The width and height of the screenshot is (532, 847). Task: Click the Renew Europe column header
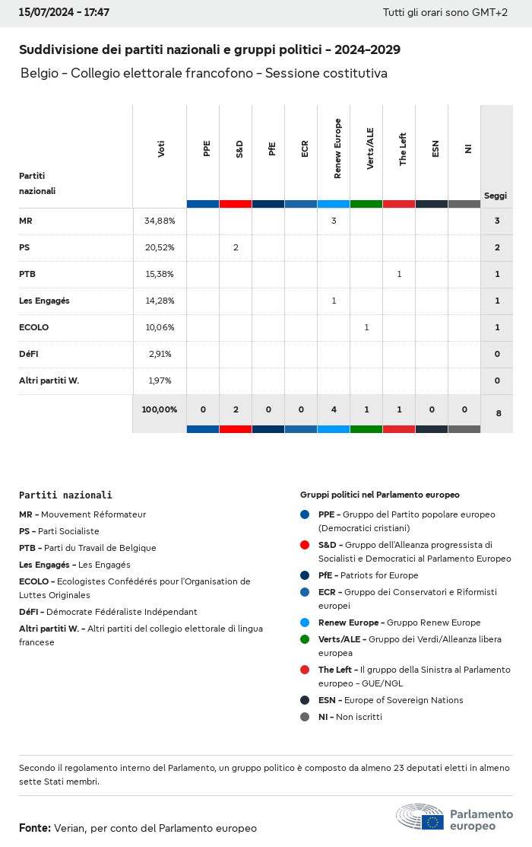(337, 149)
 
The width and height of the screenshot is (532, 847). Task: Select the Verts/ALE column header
(370, 148)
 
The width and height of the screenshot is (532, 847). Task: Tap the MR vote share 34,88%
(160, 221)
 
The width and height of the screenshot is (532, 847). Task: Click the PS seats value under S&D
(236, 247)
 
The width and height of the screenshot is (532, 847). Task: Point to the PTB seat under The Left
(399, 274)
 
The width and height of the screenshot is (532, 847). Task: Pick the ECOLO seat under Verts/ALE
(366, 327)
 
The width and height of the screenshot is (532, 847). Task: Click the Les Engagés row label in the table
(44, 301)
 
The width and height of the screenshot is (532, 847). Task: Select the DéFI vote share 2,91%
(160, 354)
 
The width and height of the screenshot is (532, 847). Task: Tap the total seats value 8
(498, 413)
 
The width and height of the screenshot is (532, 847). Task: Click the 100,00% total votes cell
(160, 409)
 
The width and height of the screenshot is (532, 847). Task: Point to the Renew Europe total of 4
(334, 409)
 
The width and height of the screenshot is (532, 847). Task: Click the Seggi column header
(496, 196)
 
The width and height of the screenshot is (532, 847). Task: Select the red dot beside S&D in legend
(305, 545)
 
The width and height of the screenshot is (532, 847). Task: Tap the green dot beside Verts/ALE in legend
(305, 639)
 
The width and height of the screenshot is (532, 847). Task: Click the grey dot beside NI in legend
(305, 717)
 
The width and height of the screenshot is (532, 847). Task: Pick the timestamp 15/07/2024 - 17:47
(64, 13)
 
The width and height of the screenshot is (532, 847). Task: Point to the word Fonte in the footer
(35, 828)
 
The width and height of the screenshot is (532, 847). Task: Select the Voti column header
(161, 149)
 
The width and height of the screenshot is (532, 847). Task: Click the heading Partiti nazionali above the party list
(65, 495)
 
